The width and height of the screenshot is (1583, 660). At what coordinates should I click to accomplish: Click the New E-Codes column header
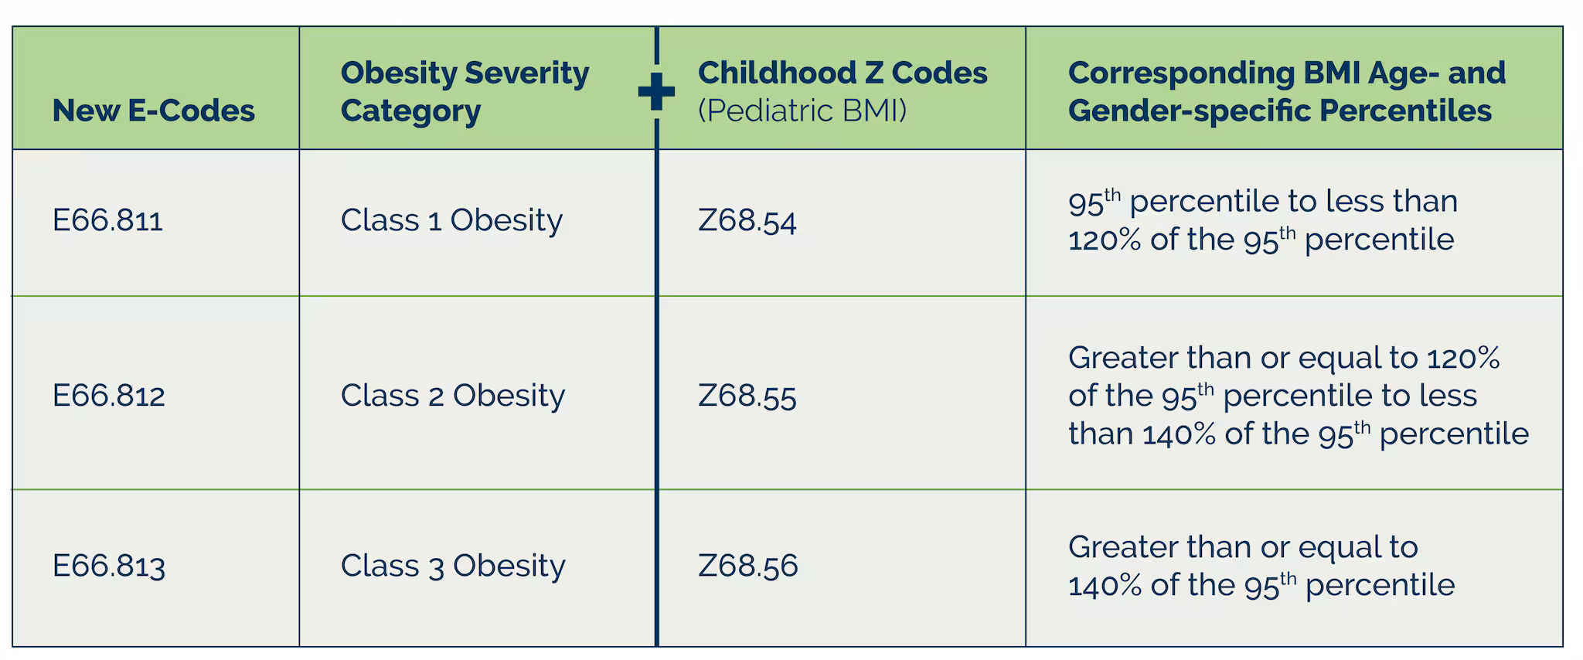coord(153,111)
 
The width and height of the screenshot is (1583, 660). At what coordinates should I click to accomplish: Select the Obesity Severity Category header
coord(464,91)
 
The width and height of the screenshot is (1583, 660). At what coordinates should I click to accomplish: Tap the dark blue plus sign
coord(656,92)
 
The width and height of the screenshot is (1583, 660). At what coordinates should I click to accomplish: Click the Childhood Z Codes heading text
coord(842,73)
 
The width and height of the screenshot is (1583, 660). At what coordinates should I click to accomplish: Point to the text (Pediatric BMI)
coord(802,111)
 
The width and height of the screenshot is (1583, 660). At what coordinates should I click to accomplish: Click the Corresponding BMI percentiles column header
coord(1286,91)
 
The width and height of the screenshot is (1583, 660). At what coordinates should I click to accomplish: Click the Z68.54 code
coord(747,222)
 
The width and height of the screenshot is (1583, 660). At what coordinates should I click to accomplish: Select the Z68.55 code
coord(747,396)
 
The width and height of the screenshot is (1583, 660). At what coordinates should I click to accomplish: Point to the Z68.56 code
coord(747,566)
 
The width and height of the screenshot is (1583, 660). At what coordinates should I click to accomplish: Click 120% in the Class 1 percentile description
coord(1104,240)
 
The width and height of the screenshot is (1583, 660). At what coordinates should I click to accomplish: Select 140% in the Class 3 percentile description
coord(1104,585)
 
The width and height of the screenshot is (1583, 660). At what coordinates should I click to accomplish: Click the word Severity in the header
coord(527,73)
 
